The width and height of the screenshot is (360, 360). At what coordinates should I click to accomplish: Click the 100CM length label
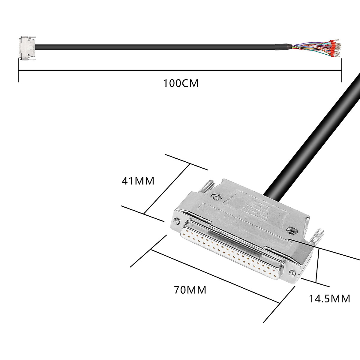pyautogui.click(x=181, y=83)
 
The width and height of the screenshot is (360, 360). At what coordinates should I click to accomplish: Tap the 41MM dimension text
pyautogui.click(x=138, y=181)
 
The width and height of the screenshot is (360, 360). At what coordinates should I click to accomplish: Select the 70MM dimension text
pyautogui.click(x=190, y=290)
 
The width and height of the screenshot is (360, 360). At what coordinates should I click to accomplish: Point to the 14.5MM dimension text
pyautogui.click(x=329, y=298)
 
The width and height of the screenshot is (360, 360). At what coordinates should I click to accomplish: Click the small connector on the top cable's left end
pyautogui.click(x=27, y=48)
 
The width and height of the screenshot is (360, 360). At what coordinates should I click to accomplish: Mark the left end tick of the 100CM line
pyautogui.click(x=19, y=70)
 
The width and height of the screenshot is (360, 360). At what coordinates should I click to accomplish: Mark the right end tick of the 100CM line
pyautogui.click(x=341, y=70)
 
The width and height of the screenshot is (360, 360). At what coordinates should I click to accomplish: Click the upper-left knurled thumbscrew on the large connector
pyautogui.click(x=208, y=186)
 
